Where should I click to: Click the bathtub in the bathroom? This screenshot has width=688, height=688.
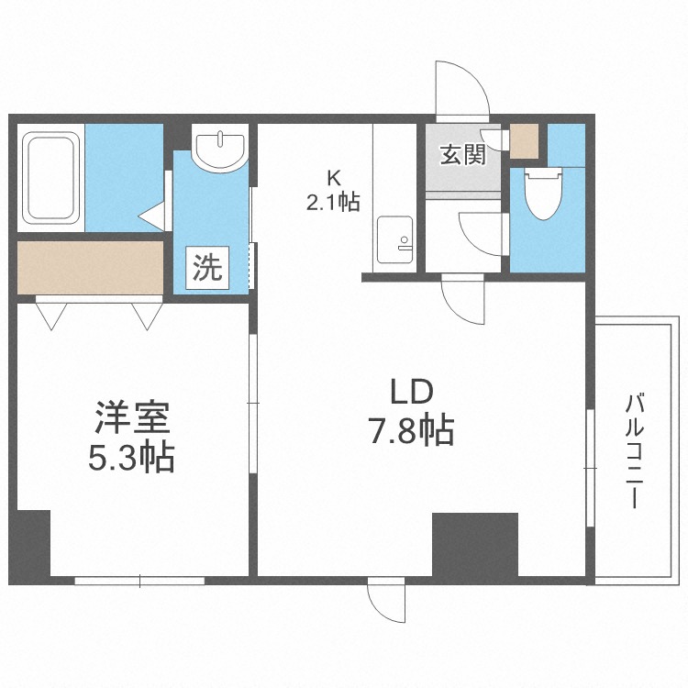[x=50, y=178]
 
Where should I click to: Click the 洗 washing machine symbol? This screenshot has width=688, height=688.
[x=207, y=268]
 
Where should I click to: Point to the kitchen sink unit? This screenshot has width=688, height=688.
[x=394, y=239]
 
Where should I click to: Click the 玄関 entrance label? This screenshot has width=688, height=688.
[x=463, y=154]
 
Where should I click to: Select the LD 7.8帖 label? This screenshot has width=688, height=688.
[x=412, y=413]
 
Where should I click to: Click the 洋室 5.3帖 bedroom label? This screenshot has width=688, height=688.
[x=132, y=437]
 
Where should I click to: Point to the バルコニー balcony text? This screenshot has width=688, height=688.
[x=634, y=451]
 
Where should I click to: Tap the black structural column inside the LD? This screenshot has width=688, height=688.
[x=475, y=545]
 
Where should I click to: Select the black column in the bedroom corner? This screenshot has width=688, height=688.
[x=30, y=543]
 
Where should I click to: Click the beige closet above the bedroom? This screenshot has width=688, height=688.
[x=90, y=268]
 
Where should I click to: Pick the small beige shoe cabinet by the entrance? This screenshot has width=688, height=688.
[x=524, y=141]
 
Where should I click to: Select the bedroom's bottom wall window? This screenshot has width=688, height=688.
[x=139, y=581]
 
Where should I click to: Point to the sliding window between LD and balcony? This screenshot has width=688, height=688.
[x=590, y=468]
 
